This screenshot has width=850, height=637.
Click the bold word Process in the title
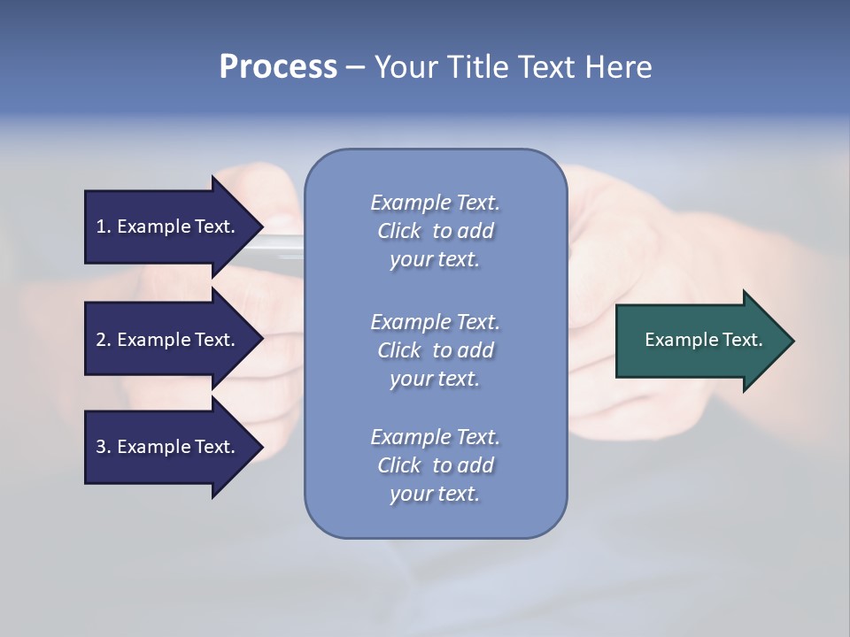278,67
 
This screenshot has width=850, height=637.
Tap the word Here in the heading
617,67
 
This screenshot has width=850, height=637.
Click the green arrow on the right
699,340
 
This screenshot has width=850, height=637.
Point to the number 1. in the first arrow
104,226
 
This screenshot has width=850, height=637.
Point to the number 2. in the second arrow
104,340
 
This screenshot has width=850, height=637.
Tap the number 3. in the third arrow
104,447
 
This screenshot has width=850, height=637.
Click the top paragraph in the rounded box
435,231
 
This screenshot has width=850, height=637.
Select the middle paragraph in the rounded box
435,350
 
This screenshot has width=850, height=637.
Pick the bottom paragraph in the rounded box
435,465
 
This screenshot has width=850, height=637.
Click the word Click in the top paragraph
399,231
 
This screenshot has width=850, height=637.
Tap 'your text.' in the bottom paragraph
435,494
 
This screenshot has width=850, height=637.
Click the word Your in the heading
405,67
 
